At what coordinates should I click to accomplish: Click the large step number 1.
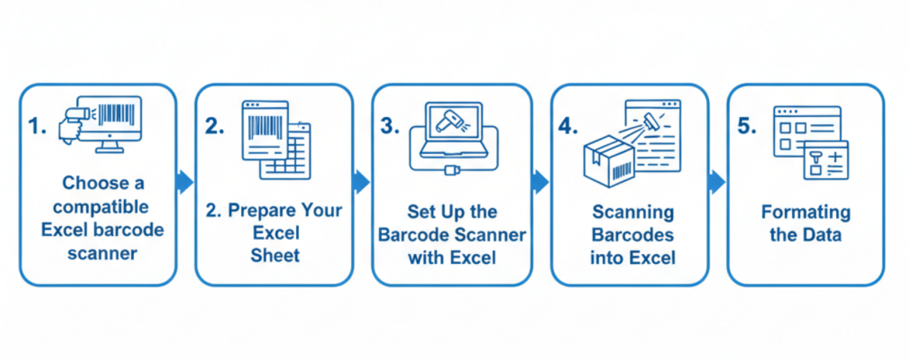[36, 127]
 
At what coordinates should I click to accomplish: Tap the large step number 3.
[389, 127]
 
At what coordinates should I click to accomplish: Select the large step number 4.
[568, 127]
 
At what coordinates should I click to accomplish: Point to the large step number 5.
[746, 127]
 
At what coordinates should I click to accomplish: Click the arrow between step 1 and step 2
[185, 182]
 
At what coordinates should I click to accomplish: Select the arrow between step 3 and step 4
[541, 182]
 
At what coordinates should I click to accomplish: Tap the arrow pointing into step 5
[717, 182]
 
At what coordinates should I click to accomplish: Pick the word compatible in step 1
[101, 207]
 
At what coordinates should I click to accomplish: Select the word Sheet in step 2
[275, 256]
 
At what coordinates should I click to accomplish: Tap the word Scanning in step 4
[633, 212]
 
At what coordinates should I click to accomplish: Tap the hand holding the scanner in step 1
[72, 128]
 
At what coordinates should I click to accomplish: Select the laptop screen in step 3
[452, 123]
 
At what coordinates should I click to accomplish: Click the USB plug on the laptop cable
[452, 170]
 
